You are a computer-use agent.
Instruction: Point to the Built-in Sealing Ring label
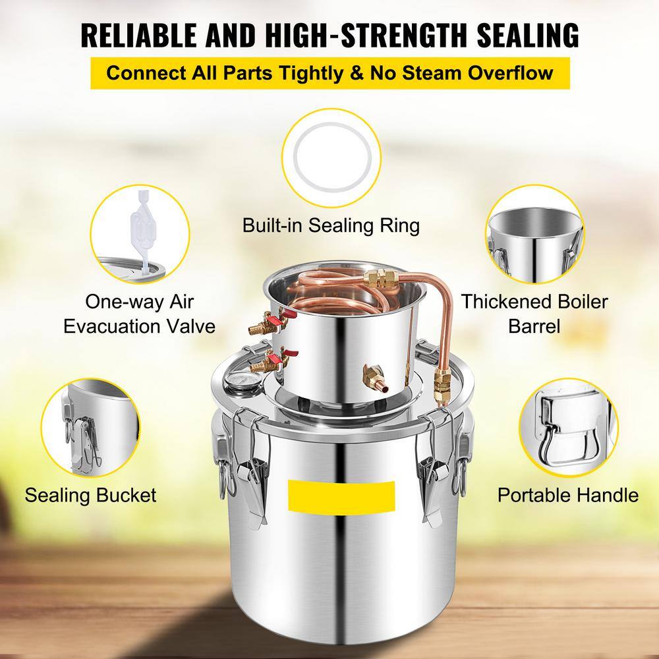coord(330,226)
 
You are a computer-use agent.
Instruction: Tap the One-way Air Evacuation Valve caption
coord(140,314)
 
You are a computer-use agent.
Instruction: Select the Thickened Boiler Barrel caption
coord(534,314)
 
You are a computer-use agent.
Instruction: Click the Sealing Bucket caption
coord(91,494)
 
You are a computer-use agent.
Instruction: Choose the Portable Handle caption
coord(568,494)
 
